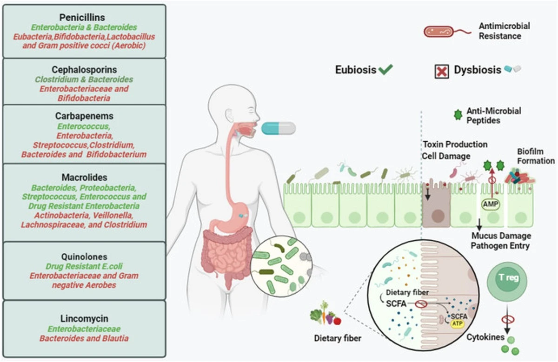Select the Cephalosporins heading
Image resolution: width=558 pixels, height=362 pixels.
coord(84,70)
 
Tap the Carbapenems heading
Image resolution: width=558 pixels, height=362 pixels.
coord(84,116)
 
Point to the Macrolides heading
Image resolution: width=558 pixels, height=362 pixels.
coord(84,178)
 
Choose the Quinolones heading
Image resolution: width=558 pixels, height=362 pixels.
coord(84,257)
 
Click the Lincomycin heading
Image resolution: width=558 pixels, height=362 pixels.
coord(84,319)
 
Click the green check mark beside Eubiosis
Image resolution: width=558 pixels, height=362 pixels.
coord(385,70)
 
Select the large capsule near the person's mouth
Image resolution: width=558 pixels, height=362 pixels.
coord(278,128)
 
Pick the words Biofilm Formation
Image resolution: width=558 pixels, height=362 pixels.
coord(536,157)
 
